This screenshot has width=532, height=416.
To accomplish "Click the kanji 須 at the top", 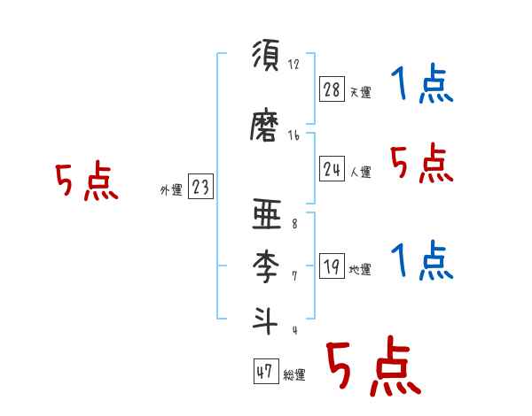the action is pyautogui.click(x=267, y=58).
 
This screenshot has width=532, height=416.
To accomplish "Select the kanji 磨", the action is pyautogui.click(x=267, y=127).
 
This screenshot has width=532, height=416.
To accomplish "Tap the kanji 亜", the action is pyautogui.click(x=267, y=217).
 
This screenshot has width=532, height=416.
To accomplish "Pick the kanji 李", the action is pyautogui.click(x=267, y=266).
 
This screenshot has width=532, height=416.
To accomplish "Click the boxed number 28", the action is pyautogui.click(x=332, y=88).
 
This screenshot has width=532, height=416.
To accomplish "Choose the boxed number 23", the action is pyautogui.click(x=200, y=187).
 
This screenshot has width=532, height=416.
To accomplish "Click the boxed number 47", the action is pyautogui.click(x=264, y=372).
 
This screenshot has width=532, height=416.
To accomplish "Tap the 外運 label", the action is pyautogui.click(x=170, y=189).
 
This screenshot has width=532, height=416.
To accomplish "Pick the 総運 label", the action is pyautogui.click(x=293, y=375).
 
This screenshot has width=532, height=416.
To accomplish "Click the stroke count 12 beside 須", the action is pyautogui.click(x=293, y=65).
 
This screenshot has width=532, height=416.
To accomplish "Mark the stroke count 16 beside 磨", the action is pyautogui.click(x=293, y=135).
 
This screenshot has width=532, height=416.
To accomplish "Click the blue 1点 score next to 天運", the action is pyautogui.click(x=422, y=85).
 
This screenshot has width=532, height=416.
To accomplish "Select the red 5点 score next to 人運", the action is pyautogui.click(x=422, y=163).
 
